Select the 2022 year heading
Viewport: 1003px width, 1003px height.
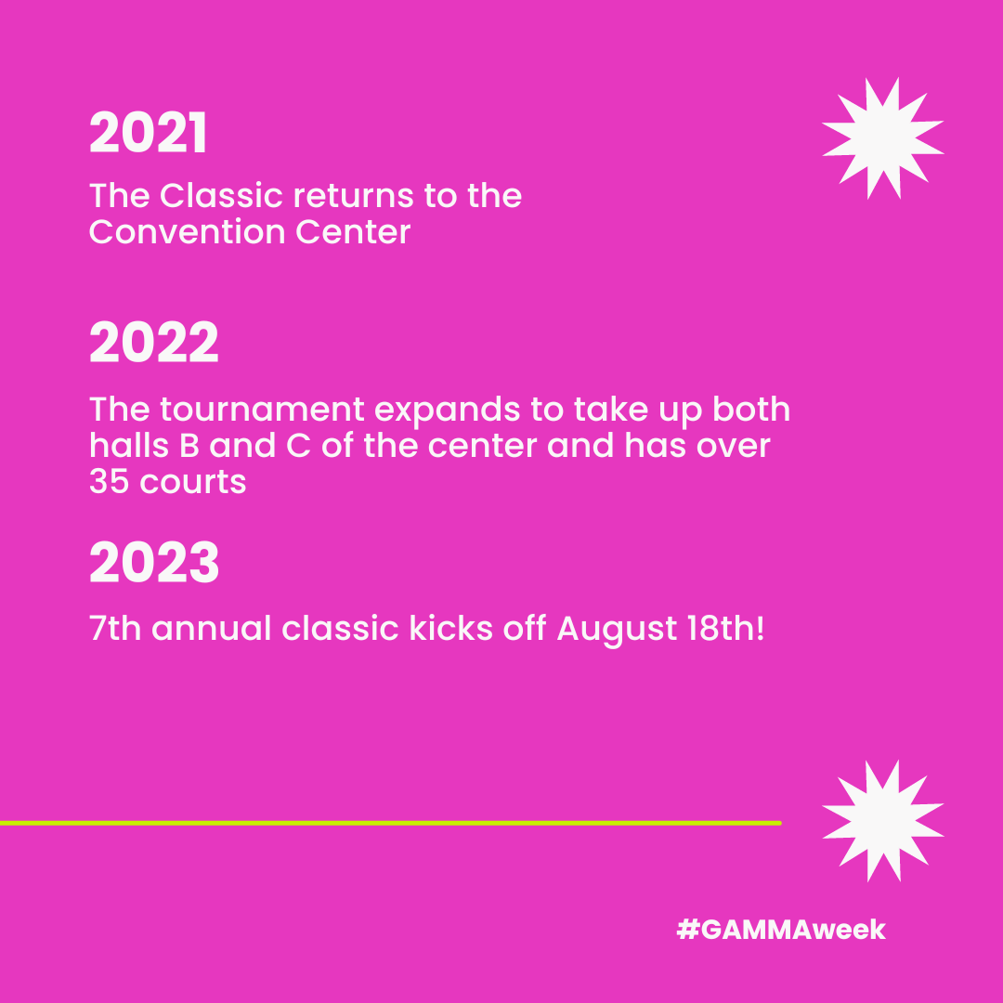[x=154, y=344]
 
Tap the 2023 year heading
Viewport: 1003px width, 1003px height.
[x=154, y=564]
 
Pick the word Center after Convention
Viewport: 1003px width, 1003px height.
[x=353, y=232]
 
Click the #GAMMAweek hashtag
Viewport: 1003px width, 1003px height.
[x=781, y=930]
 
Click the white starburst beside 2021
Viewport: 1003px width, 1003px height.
[x=882, y=138]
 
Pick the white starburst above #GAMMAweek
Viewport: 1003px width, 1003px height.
[x=882, y=821]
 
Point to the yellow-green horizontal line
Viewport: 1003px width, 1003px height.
[x=390, y=823]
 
